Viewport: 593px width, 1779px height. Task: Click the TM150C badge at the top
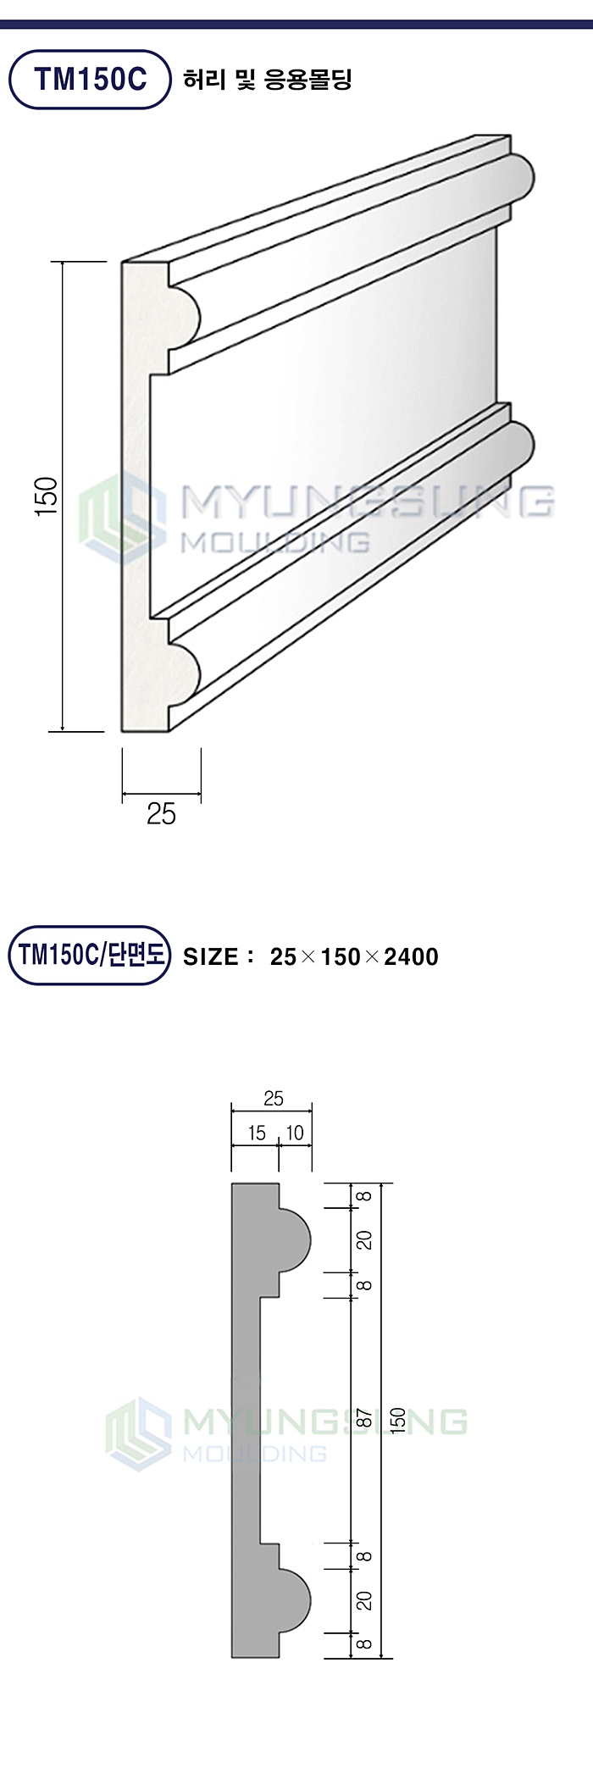(x=90, y=80)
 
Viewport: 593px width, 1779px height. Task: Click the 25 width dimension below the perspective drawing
(x=161, y=814)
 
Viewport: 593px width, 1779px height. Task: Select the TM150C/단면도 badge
(x=90, y=955)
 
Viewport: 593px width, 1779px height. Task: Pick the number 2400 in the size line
(x=411, y=957)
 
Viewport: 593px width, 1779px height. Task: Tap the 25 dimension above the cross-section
(x=273, y=1099)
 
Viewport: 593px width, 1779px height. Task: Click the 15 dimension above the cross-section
(x=256, y=1133)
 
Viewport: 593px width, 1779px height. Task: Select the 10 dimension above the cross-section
(x=295, y=1133)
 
